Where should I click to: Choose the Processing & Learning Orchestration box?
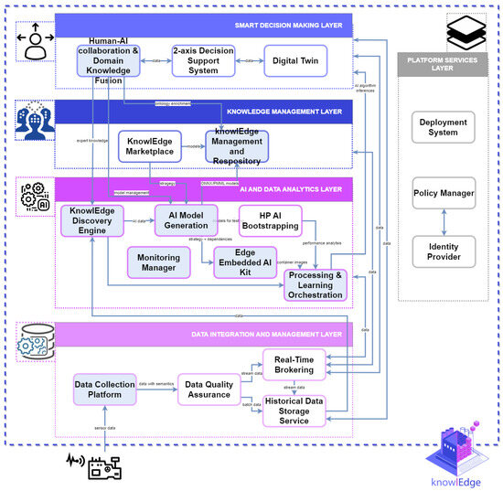(316, 284)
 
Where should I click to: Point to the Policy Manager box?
(443, 193)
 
